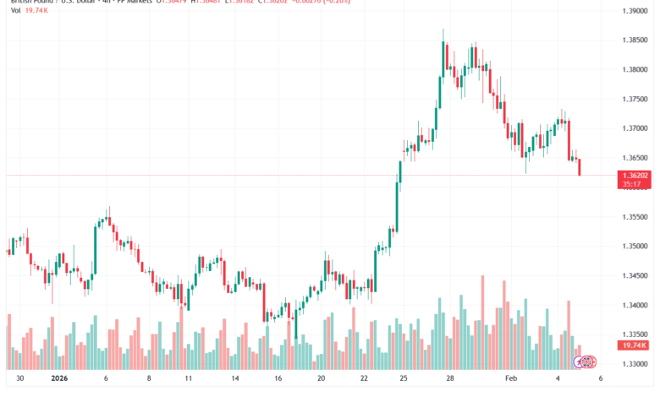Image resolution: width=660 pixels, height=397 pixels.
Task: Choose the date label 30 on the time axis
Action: pos(19,380)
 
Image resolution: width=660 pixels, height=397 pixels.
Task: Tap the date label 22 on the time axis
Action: pos(365,380)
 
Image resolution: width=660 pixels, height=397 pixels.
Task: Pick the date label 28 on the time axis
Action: pos(452,380)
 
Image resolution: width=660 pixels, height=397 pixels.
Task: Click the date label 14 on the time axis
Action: pos(234,380)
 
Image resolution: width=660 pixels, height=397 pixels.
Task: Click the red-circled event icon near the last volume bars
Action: pos(580,362)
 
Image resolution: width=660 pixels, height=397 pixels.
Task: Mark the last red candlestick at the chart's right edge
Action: pos(580,166)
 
